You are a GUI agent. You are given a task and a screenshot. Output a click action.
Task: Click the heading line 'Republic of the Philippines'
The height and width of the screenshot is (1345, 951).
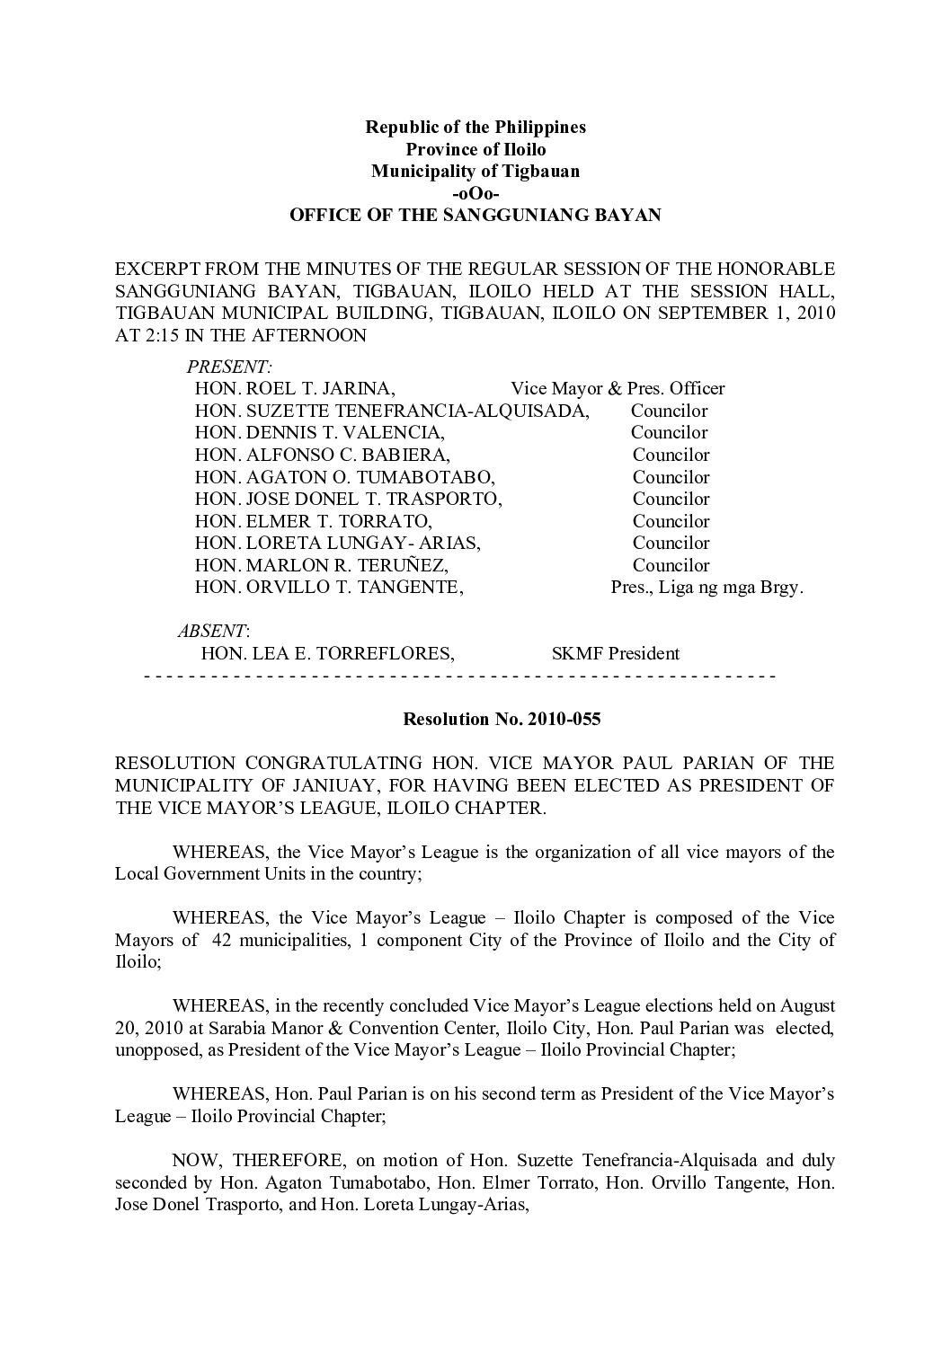coord(475,127)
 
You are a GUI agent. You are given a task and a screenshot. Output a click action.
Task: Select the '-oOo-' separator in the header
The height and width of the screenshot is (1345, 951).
coord(475,193)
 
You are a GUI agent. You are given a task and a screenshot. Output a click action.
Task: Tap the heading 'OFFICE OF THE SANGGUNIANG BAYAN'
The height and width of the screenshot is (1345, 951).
coord(475,216)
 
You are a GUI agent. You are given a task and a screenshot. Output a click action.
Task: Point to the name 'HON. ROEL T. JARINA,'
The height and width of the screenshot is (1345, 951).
coord(295,389)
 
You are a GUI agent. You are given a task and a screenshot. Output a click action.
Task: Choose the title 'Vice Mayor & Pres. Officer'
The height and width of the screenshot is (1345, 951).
coord(618,389)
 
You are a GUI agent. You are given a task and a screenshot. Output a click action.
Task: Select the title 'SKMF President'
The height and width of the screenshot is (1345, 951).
coord(615,654)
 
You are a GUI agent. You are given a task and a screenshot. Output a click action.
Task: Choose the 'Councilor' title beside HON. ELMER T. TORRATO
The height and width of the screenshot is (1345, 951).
coord(671,521)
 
